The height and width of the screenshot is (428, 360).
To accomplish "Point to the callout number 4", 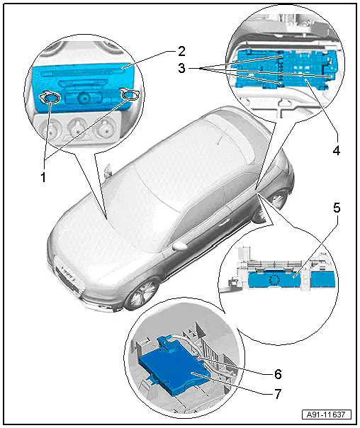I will (x=337, y=150).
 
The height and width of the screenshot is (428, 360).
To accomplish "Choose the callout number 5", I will (x=338, y=209).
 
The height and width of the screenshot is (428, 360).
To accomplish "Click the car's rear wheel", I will (x=280, y=201).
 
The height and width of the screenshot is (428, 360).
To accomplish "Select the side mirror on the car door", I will (x=179, y=245).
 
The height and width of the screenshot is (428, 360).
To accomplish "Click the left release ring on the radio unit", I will (x=49, y=99).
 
